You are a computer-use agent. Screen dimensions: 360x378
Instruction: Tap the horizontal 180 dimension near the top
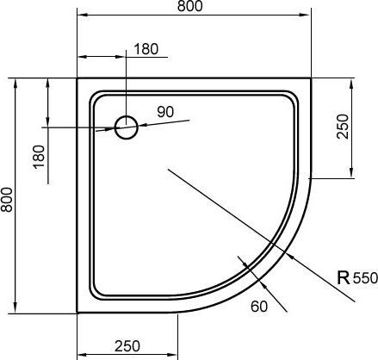coord(146,49)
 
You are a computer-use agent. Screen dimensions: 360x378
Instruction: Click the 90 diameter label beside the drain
coord(165,111)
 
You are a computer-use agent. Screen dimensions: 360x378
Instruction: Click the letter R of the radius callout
coord(342,277)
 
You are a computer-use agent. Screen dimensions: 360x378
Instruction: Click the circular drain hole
coord(127,127)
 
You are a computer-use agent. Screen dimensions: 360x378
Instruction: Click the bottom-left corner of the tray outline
coord(77,312)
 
